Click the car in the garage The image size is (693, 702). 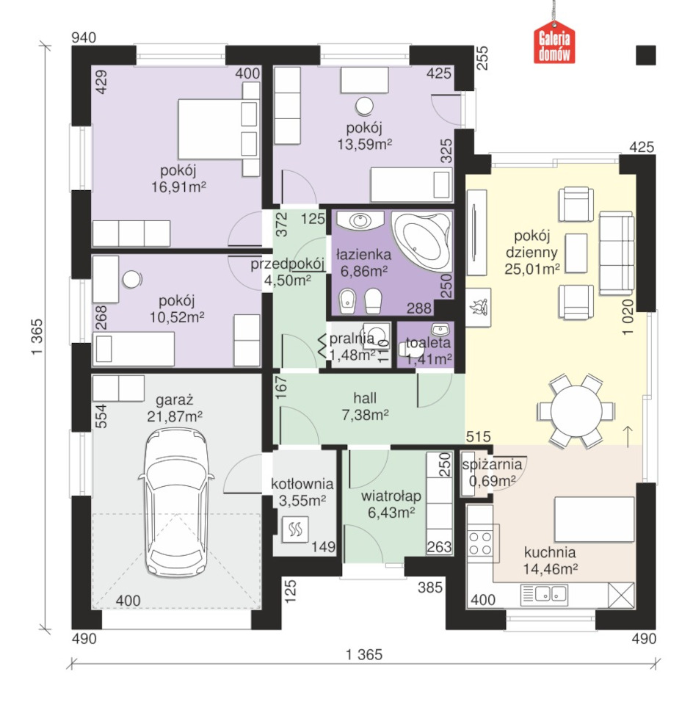[176, 503]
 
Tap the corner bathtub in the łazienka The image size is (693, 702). [421, 241]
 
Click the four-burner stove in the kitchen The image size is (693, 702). [480, 543]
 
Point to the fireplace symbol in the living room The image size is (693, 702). [478, 308]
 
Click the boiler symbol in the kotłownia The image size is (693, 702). [295, 529]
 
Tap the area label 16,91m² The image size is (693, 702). [178, 187]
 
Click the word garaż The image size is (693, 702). [174, 399]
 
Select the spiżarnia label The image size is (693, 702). [492, 464]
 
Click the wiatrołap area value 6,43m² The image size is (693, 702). [391, 513]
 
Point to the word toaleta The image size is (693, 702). [428, 342]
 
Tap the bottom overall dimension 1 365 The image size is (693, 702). [364, 655]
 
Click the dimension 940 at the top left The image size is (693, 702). [84, 37]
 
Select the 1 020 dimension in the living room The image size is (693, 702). [628, 317]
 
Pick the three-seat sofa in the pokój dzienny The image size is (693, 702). [617, 253]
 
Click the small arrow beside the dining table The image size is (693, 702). [628, 436]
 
